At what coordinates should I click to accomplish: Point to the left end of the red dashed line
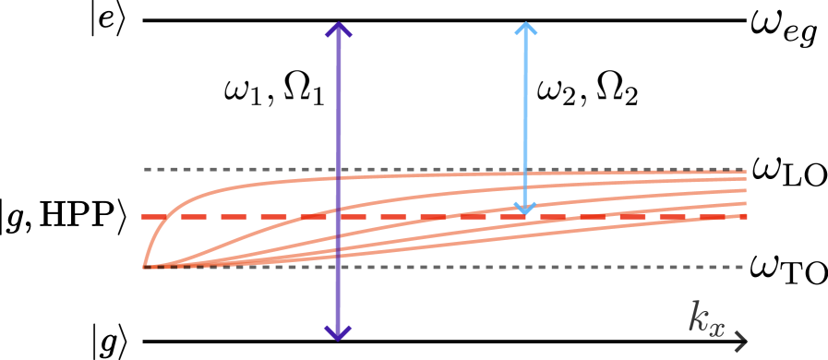[x=143, y=217]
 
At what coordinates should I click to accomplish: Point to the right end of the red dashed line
[x=745, y=217]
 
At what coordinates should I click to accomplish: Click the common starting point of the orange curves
[x=145, y=267]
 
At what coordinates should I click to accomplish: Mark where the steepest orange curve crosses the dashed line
[x=162, y=217]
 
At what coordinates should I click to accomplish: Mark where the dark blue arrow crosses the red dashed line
[x=338, y=217]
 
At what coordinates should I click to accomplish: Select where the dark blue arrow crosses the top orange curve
[x=338, y=177]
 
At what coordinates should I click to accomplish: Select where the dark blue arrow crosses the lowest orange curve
[x=338, y=254]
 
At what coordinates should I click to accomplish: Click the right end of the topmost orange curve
[x=745, y=172]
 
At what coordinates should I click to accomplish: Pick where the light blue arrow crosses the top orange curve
[x=525, y=174]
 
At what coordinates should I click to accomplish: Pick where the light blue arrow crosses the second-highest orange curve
[x=525, y=187]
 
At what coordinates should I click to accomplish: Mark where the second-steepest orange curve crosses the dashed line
[x=305, y=217]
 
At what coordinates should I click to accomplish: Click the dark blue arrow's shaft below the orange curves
[x=338, y=295]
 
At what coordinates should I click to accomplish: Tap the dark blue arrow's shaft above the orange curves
[x=338, y=102]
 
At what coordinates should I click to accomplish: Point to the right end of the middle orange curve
[x=745, y=190]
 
